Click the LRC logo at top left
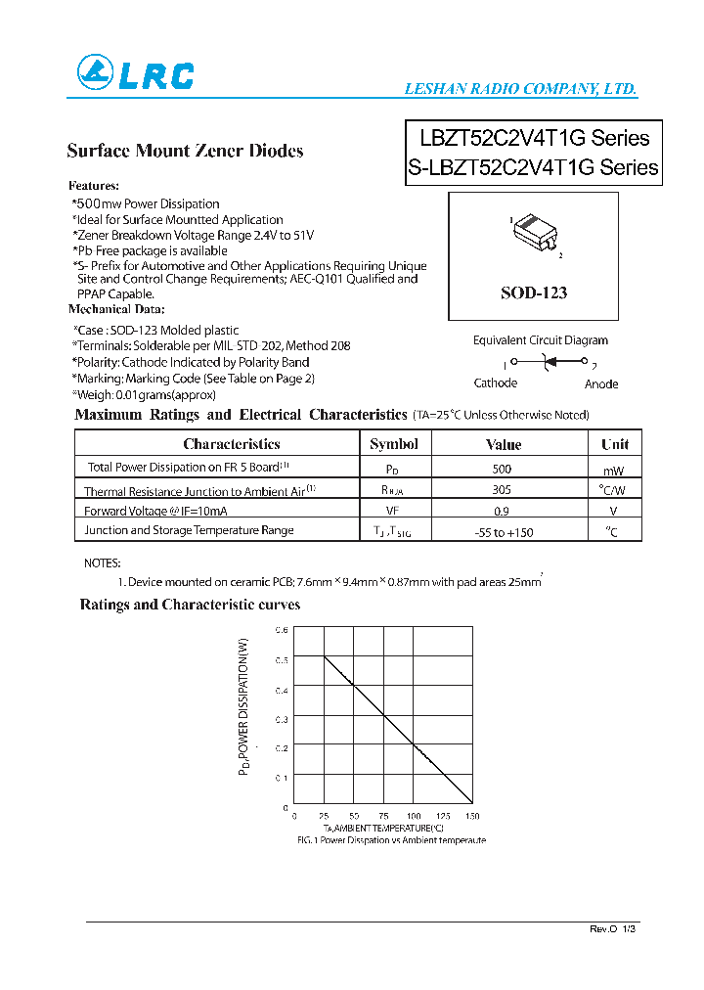pos(135,73)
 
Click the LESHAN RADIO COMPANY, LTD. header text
pos(520,89)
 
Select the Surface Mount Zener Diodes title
pos(185,151)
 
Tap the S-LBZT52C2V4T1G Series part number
pos(533,167)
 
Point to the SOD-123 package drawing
pos(534,235)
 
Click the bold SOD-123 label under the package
pos(533,292)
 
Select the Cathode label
pos(495,383)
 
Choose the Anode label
pos(601,383)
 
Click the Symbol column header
pos(394,444)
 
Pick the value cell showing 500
pos(503,469)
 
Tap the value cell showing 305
pos(503,491)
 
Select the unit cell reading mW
pos(614,471)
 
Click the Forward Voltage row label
pos(155,511)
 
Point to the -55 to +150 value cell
pos(503,532)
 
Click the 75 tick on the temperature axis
pos(383,816)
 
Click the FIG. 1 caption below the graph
pos(391,840)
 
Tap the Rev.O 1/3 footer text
pos(613,928)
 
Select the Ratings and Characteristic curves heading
pos(190,605)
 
